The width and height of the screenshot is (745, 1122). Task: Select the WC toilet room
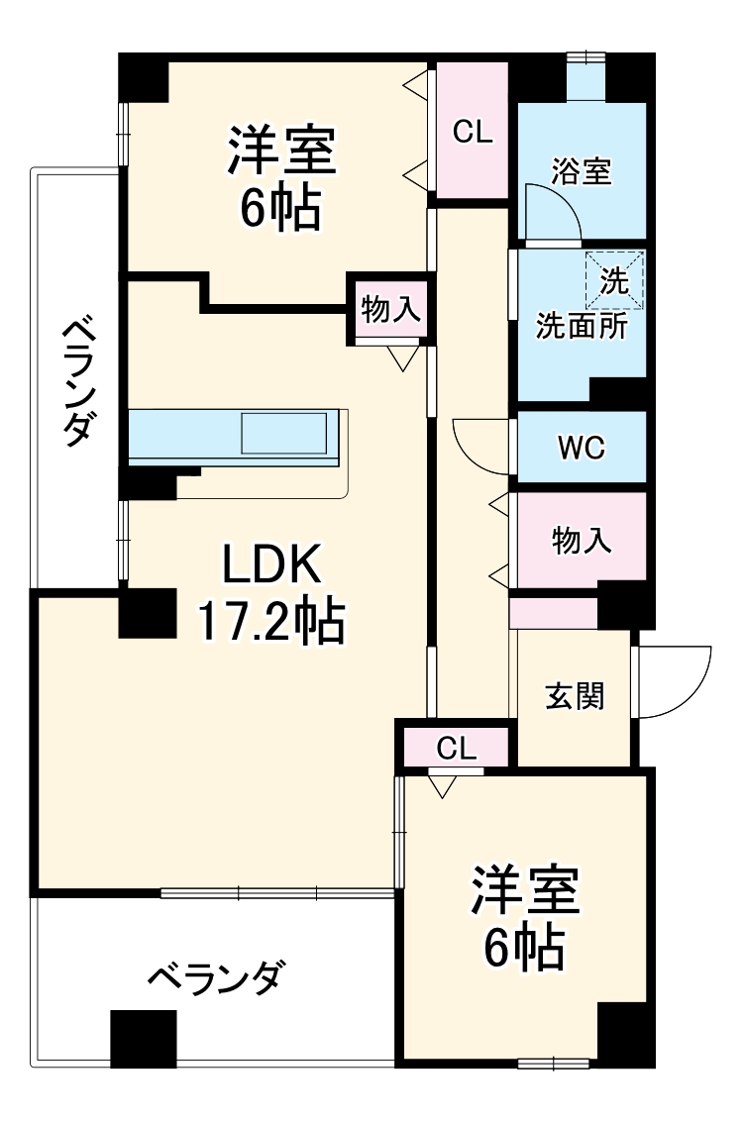coord(581,449)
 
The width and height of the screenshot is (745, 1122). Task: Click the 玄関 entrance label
coord(575,696)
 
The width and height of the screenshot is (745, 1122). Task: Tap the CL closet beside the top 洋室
coord(473,132)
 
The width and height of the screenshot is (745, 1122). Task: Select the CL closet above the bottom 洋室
coord(456,747)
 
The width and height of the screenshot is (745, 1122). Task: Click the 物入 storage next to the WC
coord(581,540)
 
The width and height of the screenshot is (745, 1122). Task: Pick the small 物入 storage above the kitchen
coord(392,311)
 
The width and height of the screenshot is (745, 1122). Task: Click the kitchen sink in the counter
coord(284,434)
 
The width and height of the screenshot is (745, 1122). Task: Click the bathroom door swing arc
coord(551,212)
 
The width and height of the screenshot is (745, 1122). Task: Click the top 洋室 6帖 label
coord(281,178)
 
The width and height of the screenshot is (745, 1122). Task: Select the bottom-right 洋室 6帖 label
coord(524,916)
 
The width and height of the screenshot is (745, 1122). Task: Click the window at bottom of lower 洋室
coord(550,1065)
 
